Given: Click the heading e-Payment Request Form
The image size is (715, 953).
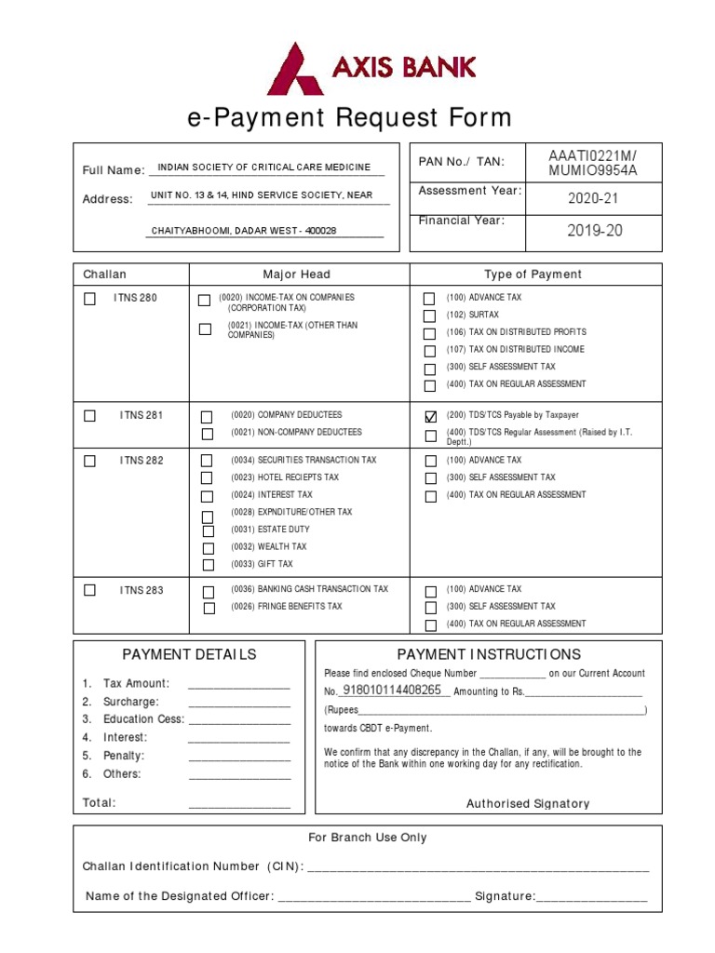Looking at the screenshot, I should (349, 118).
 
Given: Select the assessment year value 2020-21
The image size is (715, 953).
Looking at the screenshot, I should (593, 198).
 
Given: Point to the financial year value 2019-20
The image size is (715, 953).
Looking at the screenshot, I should (594, 231).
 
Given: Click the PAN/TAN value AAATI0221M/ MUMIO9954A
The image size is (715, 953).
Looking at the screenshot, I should (593, 162).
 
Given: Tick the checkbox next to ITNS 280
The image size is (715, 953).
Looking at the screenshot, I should (89, 299).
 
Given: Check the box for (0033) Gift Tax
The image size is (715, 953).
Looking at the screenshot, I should (209, 565).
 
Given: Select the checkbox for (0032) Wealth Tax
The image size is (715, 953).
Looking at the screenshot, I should (209, 548).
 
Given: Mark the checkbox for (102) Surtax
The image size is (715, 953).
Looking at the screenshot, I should (429, 316).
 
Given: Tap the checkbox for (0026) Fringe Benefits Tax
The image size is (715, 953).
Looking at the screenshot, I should (209, 608).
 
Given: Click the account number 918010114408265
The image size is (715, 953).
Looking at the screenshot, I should (392, 691).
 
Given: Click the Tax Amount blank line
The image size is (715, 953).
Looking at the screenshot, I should (239, 685).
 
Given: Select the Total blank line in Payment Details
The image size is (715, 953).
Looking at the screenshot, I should (239, 805).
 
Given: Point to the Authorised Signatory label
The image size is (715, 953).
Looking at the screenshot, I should (527, 803).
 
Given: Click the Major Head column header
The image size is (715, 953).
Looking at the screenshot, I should (296, 275).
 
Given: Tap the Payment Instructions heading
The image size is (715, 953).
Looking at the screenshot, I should (489, 654).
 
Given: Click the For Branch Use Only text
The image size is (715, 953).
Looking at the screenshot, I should (367, 838).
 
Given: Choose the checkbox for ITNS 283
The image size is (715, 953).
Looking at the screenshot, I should (89, 590).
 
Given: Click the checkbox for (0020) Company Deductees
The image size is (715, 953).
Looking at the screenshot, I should (207, 416).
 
